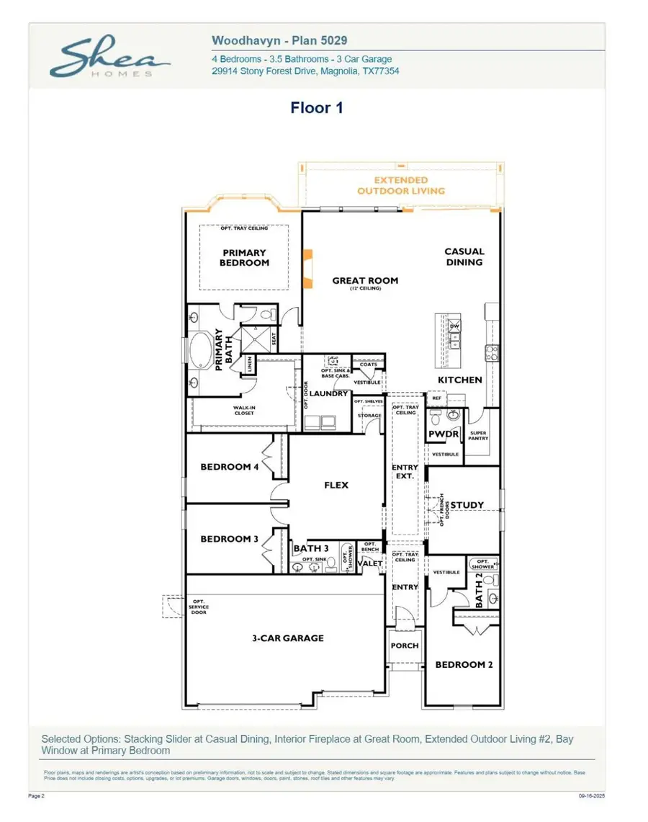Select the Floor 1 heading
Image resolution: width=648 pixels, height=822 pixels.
pos(317,108)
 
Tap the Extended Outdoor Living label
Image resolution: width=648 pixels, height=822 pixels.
pos(401,185)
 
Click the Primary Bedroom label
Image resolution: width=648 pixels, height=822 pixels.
pos(244,258)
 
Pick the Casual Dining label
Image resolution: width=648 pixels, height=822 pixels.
pos(464,257)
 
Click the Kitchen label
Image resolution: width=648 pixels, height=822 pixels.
pos(460,380)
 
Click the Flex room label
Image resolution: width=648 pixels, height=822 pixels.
pos(336,485)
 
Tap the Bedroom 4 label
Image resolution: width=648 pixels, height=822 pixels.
pos(229,467)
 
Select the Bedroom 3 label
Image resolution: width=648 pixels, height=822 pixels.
pos(229,539)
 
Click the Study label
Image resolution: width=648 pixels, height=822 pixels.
pos(467,505)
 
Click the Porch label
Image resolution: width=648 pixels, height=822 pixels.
pos(405,645)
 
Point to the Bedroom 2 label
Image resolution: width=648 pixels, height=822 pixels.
pos(464,664)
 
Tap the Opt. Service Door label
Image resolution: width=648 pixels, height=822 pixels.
pos(199,607)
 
